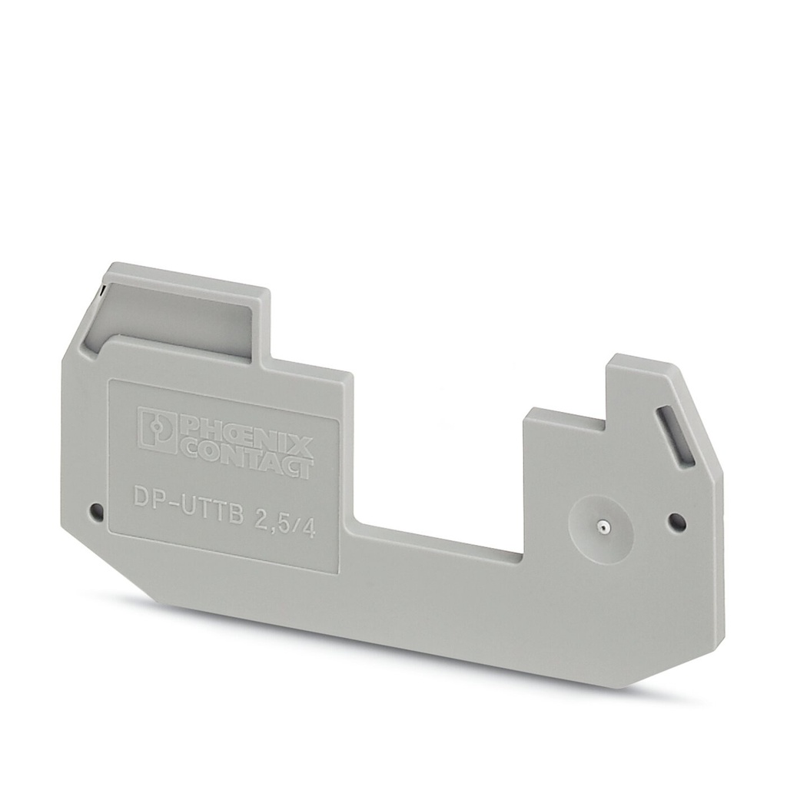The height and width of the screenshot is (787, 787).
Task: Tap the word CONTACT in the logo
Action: point(246,456)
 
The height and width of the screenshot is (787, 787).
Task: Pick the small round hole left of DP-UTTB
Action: point(95,510)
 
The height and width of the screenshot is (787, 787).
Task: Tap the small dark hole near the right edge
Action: point(676,523)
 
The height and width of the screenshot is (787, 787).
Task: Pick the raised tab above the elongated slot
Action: point(638,384)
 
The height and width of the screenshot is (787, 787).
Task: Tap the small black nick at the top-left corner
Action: point(100,291)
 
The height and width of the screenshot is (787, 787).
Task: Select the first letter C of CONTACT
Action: point(188,446)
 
